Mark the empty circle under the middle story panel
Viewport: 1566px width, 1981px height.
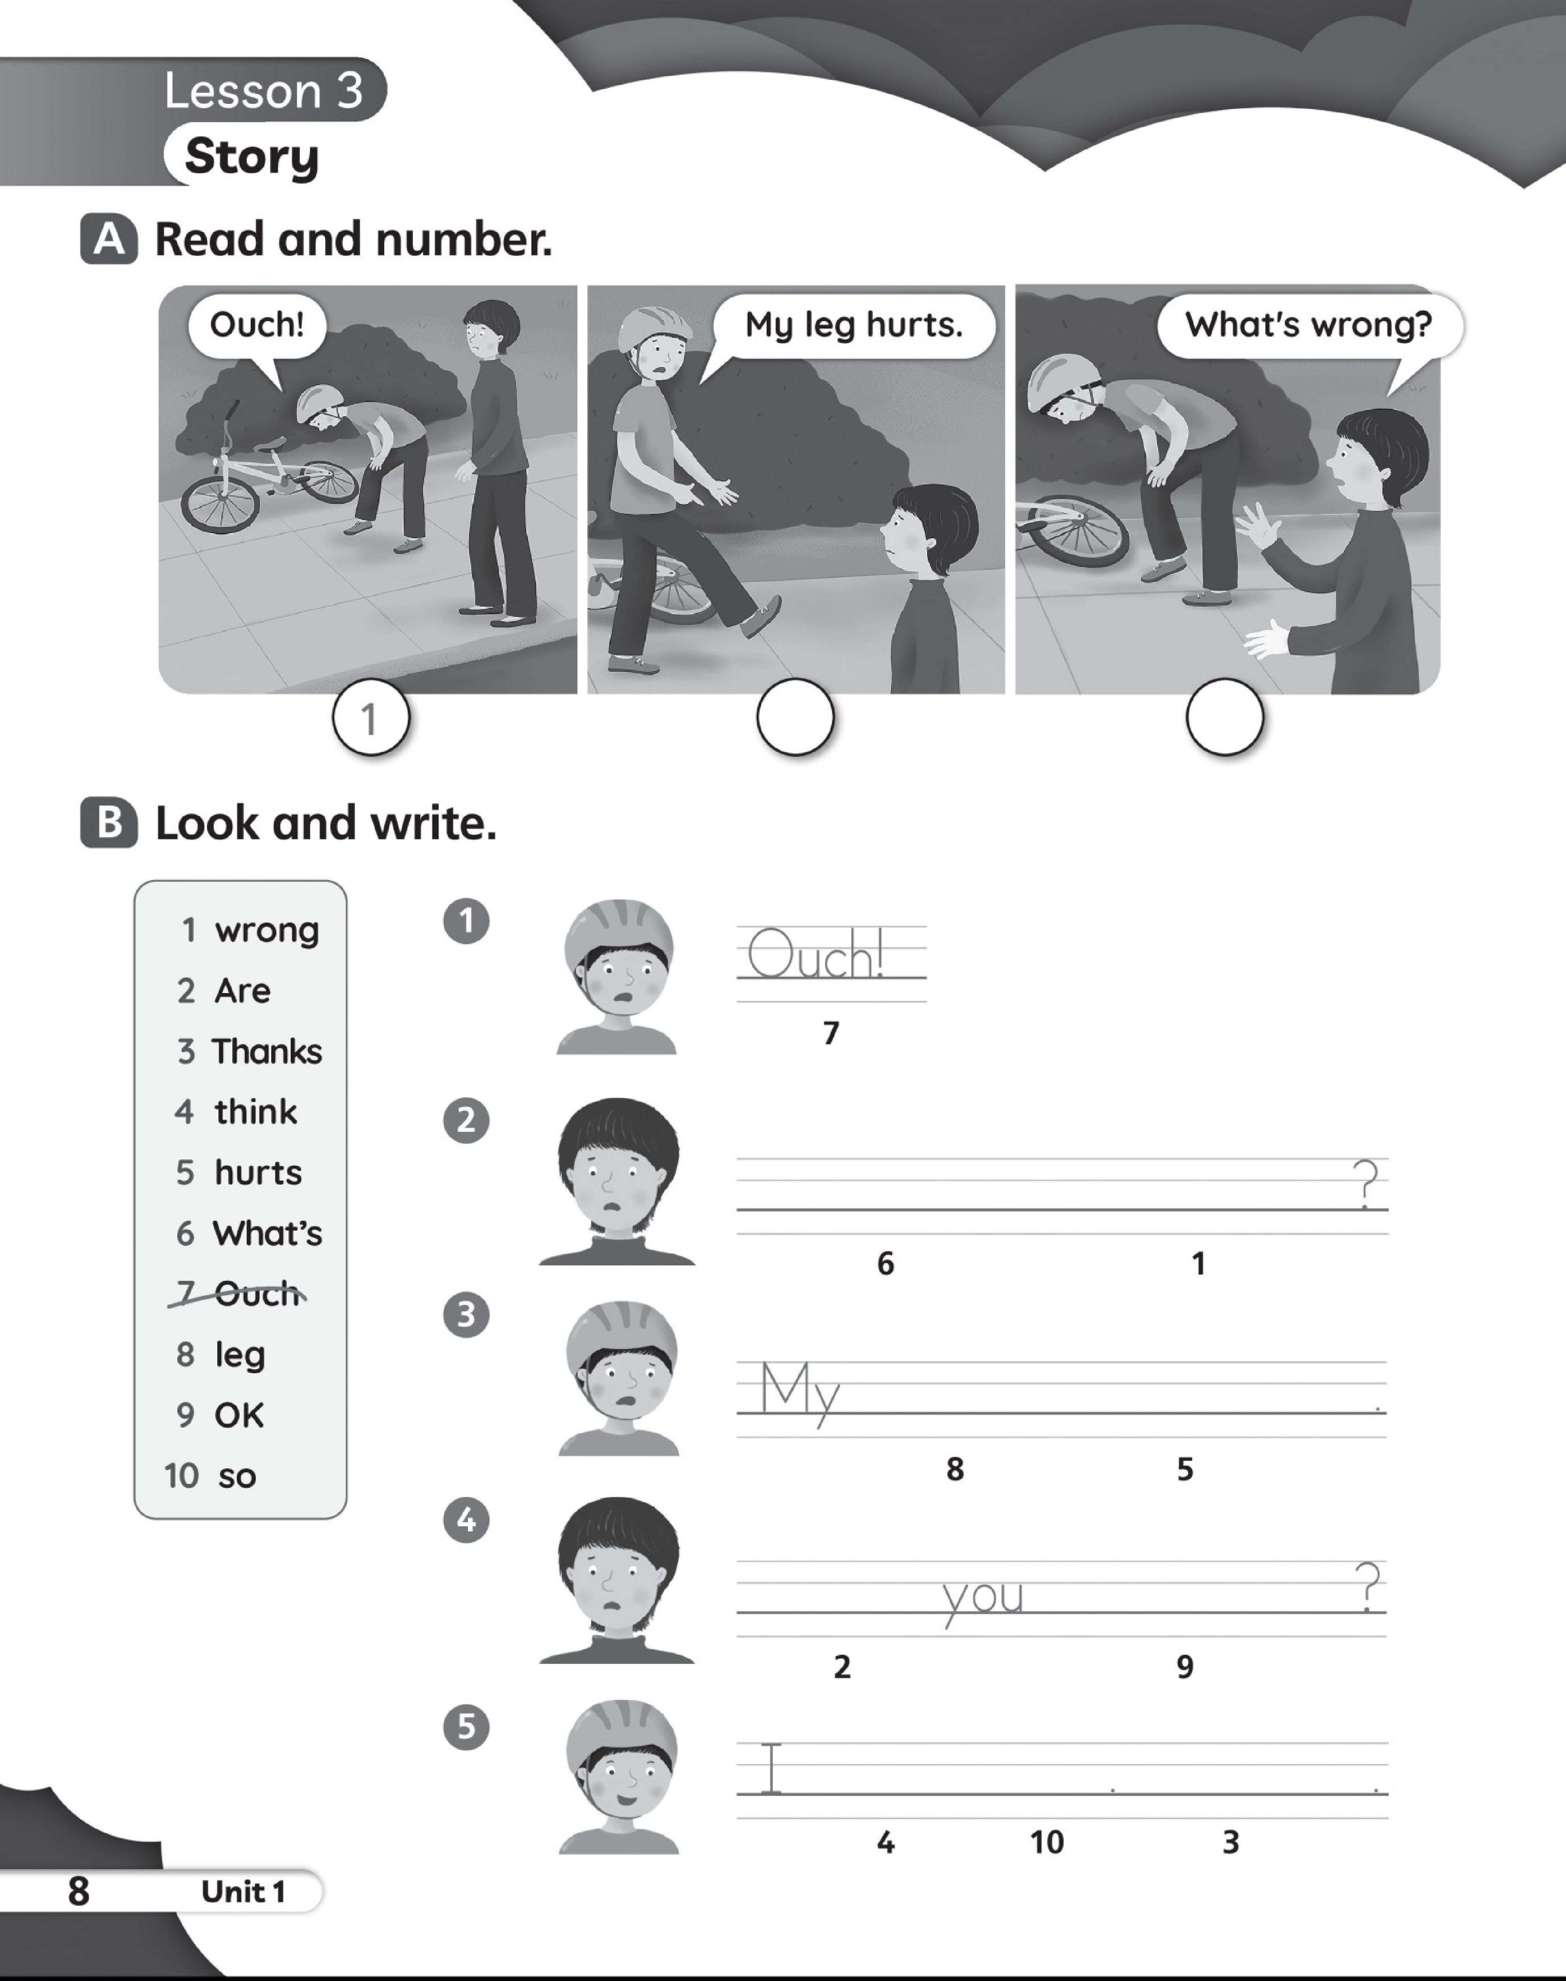(x=795, y=717)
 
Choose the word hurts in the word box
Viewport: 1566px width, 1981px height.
(x=258, y=1173)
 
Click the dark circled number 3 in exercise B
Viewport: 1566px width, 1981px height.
(x=466, y=1315)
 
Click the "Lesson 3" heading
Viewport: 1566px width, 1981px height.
(x=264, y=91)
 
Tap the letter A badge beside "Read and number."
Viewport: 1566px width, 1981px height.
(x=109, y=239)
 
